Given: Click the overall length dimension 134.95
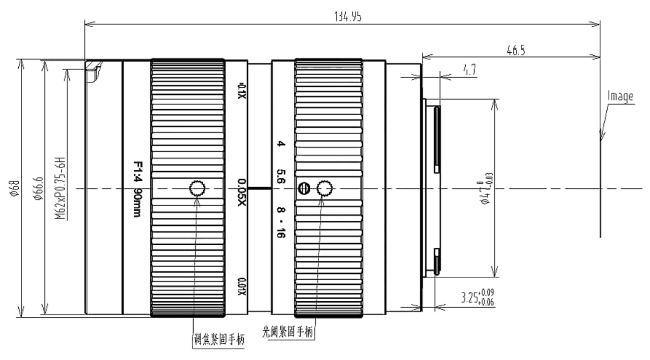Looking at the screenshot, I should click(348, 17).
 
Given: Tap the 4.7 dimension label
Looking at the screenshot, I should click(469, 71).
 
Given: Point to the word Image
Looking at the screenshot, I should click(621, 96).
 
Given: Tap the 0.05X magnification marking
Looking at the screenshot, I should click(242, 189).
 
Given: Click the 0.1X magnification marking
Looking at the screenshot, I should click(242, 90).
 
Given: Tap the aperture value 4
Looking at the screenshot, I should click(280, 145).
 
